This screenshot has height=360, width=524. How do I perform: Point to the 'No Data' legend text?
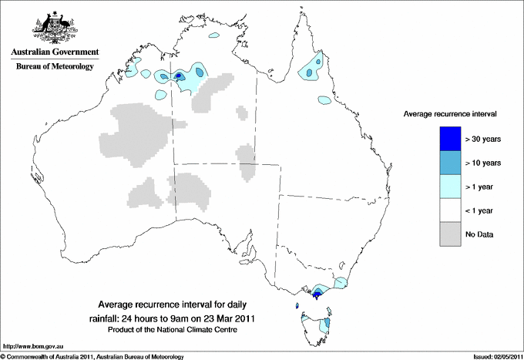[480, 234]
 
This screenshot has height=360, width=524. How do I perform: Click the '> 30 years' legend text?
[484, 139]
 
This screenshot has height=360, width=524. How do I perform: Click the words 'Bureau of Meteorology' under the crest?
[54, 67]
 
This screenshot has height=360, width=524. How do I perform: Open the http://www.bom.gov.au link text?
[32, 348]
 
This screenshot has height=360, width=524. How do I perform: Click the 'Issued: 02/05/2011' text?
[494, 356]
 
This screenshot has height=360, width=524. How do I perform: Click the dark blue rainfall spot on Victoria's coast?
[317, 294]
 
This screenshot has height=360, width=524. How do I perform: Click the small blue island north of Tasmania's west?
[297, 306]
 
